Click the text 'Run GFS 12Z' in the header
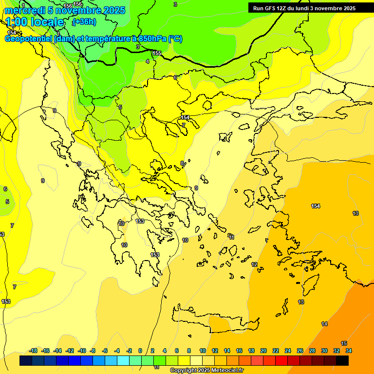[269, 8]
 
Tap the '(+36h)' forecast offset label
[84, 22]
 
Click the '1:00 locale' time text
[35, 22]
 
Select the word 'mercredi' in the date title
[23, 10]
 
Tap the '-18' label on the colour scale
[34, 351]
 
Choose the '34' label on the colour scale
[349, 351]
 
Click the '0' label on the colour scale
[140, 351]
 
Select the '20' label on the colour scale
[263, 351]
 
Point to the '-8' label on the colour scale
[93, 351]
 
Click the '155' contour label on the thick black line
[157, 53]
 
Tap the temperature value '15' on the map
[344, 343]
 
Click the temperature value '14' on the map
[324, 324]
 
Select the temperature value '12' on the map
[254, 264]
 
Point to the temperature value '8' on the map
[182, 163]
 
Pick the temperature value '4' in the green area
[148, 61]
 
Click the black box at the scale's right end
[342, 360]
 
